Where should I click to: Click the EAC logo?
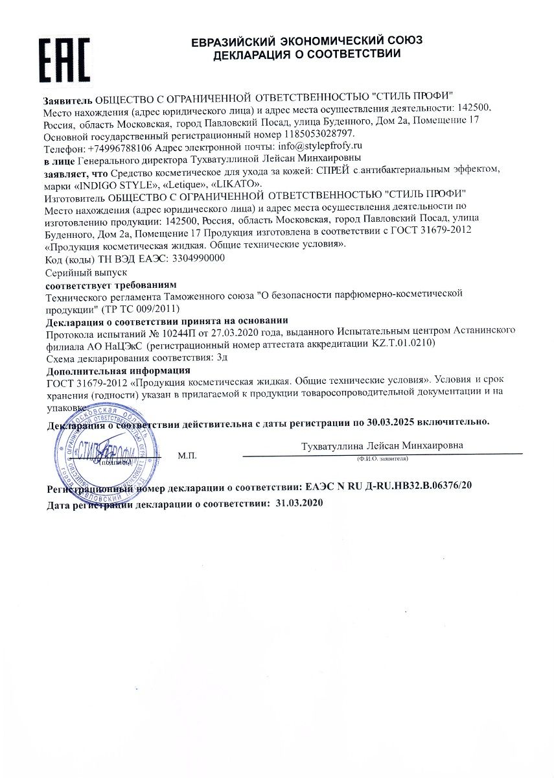(64, 60)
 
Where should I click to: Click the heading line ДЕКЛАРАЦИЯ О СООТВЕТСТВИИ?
(307, 54)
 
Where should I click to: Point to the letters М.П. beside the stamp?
(187, 456)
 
